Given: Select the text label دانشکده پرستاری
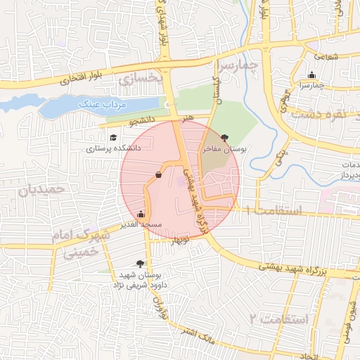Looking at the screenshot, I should (x=113, y=148).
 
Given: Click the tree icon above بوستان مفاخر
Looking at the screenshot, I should (x=224, y=138).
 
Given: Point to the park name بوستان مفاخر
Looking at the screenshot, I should (x=221, y=150).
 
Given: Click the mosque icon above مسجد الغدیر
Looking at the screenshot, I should (x=141, y=214).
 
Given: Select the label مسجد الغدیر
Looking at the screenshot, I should (x=141, y=224).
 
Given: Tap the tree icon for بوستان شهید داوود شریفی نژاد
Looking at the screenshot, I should (x=141, y=264).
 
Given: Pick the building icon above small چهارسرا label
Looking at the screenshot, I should (x=312, y=75).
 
